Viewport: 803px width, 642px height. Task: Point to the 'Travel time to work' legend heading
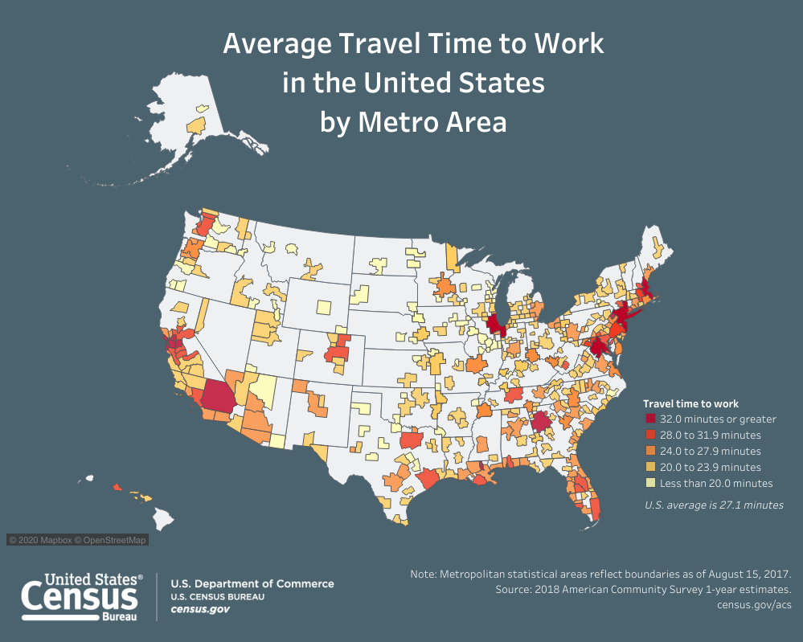click(690, 403)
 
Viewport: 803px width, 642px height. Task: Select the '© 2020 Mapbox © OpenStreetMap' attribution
click(78, 540)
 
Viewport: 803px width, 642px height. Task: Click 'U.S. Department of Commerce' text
click(252, 584)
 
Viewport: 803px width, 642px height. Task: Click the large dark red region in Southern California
click(217, 396)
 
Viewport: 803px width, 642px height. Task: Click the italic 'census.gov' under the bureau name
click(200, 610)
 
